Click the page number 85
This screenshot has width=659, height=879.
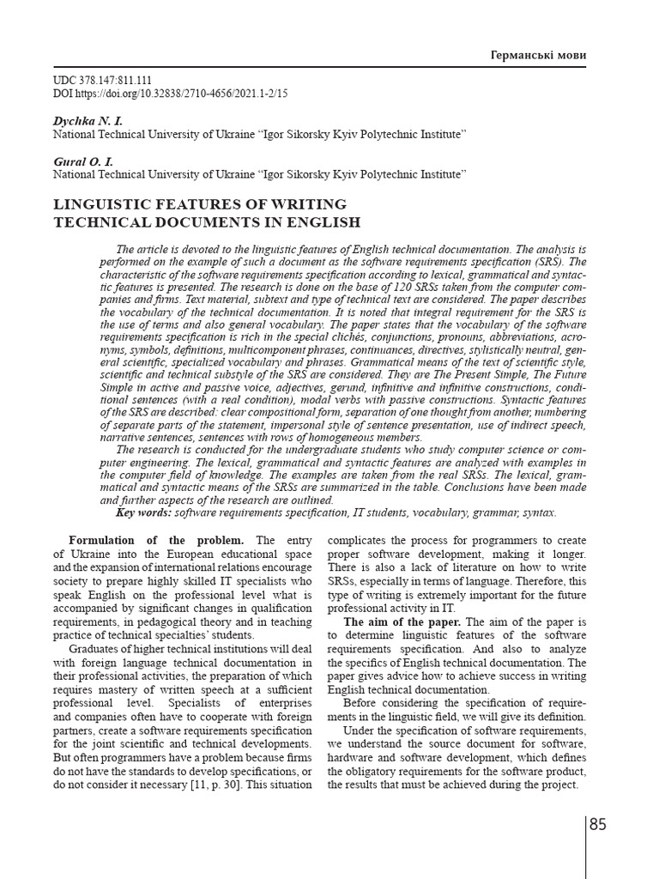point(598,825)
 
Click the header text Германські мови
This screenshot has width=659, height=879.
point(537,55)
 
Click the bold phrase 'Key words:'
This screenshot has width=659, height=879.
point(143,512)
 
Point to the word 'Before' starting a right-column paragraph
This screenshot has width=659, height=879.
point(362,704)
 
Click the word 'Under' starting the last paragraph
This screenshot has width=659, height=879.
point(360,730)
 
